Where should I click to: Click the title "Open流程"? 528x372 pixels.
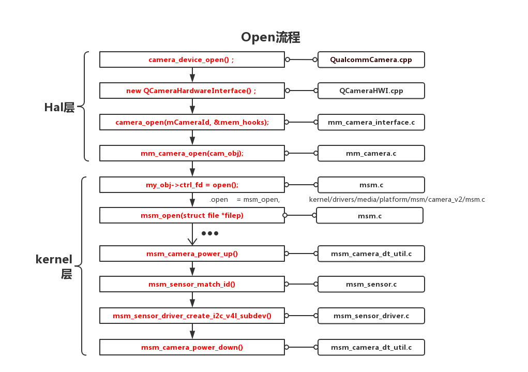click(x=270, y=37)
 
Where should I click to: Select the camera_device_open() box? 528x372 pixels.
click(x=192, y=59)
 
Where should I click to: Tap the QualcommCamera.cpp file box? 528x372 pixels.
click(x=371, y=59)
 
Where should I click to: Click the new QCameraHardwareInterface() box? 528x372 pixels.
click(x=192, y=91)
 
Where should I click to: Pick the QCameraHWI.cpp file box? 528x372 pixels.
click(x=371, y=91)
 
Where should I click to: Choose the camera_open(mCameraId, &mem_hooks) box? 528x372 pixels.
click(x=192, y=122)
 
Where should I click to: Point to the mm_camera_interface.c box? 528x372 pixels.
click(x=371, y=122)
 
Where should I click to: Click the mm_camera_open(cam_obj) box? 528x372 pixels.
click(x=192, y=153)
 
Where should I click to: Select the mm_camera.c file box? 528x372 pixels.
click(x=371, y=153)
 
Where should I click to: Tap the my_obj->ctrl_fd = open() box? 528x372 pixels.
click(x=192, y=185)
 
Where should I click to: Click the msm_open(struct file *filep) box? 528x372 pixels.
click(x=192, y=215)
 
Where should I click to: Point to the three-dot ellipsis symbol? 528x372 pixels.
click(x=210, y=233)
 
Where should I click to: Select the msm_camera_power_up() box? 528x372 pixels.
click(x=192, y=254)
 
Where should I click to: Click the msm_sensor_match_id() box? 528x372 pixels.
click(x=192, y=284)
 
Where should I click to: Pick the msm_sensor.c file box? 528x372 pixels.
click(x=371, y=284)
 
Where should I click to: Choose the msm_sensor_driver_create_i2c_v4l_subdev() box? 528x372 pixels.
click(x=192, y=316)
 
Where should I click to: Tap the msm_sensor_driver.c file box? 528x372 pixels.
click(x=371, y=316)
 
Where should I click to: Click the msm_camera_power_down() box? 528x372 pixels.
click(x=192, y=347)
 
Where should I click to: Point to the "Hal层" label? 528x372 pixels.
click(x=59, y=107)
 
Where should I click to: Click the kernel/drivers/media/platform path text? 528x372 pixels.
click(x=397, y=199)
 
